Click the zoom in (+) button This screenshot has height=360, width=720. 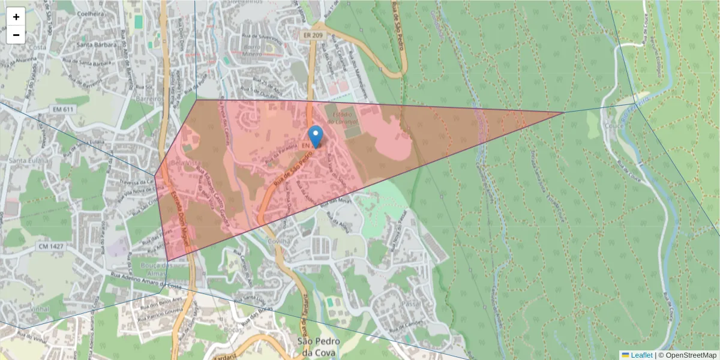(x=16, y=17)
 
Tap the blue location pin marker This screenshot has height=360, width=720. (x=315, y=136)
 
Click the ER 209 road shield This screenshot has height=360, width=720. (x=308, y=36)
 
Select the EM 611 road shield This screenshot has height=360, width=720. (x=62, y=109)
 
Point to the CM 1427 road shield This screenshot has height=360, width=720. (x=51, y=246)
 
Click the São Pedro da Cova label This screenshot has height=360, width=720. (x=319, y=346)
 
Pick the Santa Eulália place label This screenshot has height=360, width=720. (x=23, y=161)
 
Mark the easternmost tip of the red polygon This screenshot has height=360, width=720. (x=563, y=112)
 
